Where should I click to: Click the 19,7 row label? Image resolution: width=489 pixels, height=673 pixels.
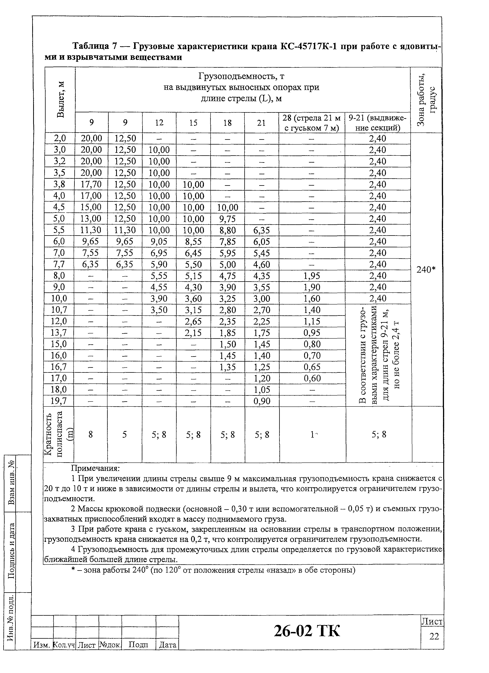[58, 401]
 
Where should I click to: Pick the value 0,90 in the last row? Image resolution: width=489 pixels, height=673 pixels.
[262, 401]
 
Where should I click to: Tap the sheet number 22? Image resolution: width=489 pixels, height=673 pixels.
[434, 636]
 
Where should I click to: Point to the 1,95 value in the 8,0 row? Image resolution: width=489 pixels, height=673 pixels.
[312, 276]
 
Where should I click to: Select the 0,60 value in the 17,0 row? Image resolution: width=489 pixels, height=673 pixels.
[312, 378]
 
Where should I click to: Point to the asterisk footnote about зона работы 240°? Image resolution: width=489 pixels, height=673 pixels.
[213, 570]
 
